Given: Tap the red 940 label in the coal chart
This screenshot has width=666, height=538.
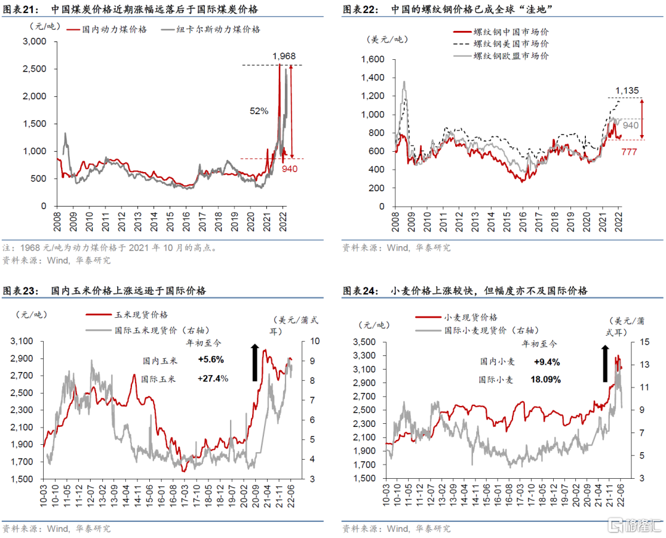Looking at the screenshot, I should point(289,168).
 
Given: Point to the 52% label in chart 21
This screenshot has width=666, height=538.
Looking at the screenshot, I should point(259,111).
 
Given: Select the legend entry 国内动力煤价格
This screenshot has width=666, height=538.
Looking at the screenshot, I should point(115,29).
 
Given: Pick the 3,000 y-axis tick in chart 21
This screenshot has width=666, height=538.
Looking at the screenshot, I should point(35,41).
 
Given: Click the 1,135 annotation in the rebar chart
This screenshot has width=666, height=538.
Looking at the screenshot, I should point(627,91).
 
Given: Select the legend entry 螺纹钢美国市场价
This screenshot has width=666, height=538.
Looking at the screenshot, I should point(511,44).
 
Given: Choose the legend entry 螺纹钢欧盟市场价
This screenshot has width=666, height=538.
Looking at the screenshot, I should point(511,56).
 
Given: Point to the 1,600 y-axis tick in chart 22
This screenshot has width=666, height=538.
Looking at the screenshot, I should point(374,60).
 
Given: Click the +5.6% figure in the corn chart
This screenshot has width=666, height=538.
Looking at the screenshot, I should point(211,360).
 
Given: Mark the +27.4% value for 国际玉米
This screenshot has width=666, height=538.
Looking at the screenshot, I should point(213,378).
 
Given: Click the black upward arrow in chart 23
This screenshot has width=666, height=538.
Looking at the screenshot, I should point(255,363).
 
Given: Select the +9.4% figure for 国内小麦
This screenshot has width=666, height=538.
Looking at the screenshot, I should point(548,362).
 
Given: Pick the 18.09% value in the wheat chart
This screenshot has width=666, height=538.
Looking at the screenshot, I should point(546,380).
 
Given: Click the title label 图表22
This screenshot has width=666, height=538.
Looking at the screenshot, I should point(358,10).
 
